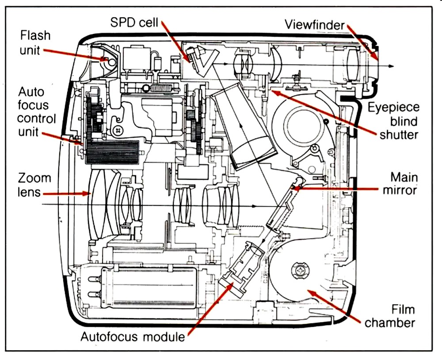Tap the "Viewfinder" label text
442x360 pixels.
(x=315, y=25)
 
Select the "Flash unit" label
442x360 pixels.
(x=34, y=42)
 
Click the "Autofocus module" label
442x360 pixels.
(x=132, y=337)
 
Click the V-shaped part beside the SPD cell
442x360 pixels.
(x=205, y=62)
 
